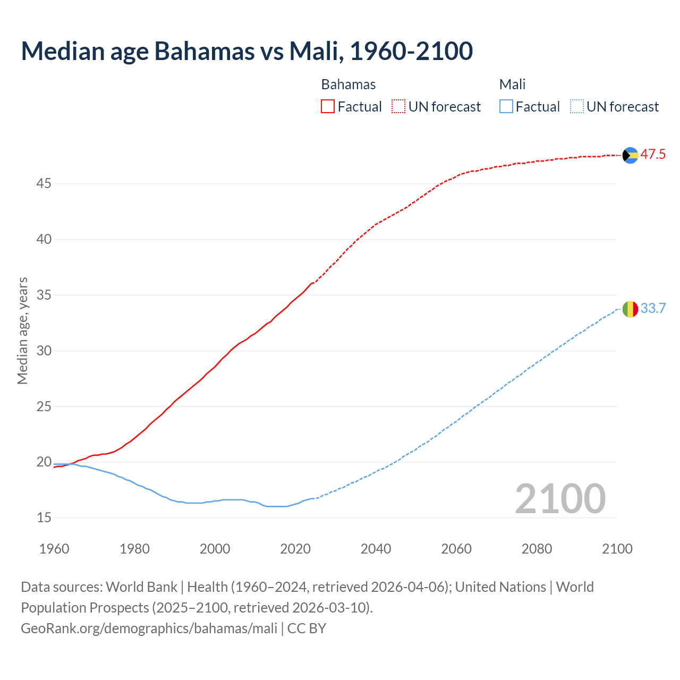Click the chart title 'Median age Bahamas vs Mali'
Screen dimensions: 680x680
click(x=246, y=51)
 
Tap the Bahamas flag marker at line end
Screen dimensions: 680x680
click(x=630, y=155)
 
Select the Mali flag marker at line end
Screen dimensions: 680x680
click(x=630, y=309)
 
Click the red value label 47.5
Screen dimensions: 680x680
click(x=653, y=155)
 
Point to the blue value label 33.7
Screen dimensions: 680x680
click(x=653, y=308)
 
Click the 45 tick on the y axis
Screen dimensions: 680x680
click(x=44, y=184)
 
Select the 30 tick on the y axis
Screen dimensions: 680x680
click(x=44, y=351)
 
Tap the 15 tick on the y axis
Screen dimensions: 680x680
click(x=44, y=517)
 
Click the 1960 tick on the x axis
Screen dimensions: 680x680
click(x=54, y=549)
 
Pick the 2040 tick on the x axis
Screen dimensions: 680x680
click(x=376, y=549)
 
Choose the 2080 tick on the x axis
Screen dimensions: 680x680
click(x=537, y=549)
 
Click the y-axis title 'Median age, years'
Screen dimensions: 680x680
click(x=22, y=330)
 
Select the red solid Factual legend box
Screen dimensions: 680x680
click(x=328, y=107)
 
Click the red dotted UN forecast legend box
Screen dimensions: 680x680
click(x=398, y=107)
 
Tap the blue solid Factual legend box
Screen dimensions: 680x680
click(x=506, y=107)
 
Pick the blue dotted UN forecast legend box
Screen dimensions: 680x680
click(x=577, y=107)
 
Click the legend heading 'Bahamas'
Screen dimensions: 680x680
click(x=348, y=84)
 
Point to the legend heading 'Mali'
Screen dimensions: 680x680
click(x=512, y=84)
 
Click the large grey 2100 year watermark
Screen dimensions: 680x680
click(x=560, y=498)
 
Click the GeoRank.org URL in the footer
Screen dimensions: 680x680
click(x=149, y=628)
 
